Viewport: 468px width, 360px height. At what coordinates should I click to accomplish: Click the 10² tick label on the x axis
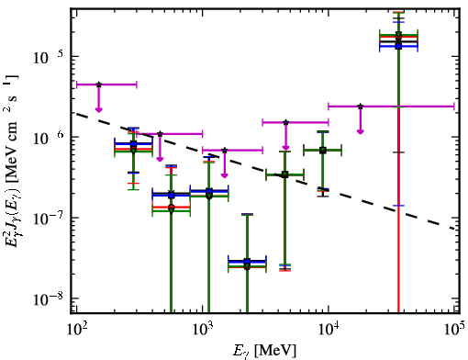[x=76, y=330]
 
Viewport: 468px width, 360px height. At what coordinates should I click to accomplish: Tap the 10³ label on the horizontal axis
[x=202, y=330]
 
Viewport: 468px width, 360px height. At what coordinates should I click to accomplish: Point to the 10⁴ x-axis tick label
[x=329, y=330]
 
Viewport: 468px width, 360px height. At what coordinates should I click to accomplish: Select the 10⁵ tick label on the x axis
[x=454, y=330]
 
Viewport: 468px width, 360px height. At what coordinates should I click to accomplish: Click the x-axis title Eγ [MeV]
[x=264, y=350]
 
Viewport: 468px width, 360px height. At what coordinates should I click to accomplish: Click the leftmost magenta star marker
[x=98, y=84]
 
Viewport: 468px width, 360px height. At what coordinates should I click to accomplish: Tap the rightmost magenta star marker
[x=361, y=107]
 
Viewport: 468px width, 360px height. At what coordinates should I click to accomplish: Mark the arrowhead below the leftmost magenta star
[x=98, y=109]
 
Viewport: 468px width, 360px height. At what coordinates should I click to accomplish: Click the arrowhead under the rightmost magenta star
[x=361, y=131]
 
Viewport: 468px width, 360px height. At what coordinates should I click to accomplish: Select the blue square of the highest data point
[x=398, y=46]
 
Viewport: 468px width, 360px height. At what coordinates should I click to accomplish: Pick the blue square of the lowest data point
[x=247, y=262]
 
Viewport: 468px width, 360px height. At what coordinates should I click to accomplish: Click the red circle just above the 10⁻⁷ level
[x=172, y=208]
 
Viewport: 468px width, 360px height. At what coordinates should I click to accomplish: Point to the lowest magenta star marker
[x=225, y=151]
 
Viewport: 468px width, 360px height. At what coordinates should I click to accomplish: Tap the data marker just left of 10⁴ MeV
[x=323, y=150]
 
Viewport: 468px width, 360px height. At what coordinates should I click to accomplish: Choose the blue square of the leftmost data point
[x=133, y=144]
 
